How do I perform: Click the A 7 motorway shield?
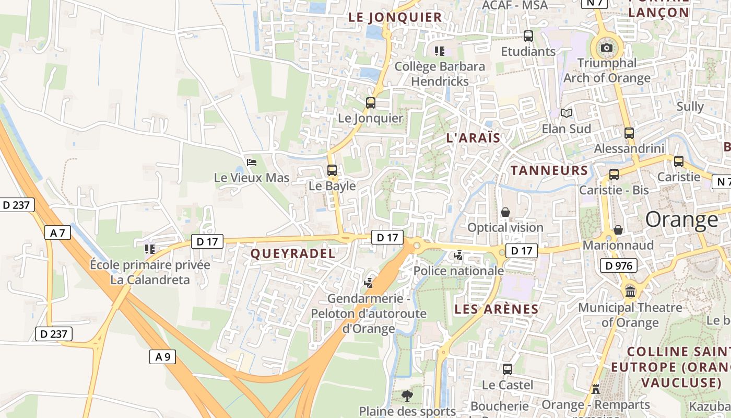pyautogui.click(x=57, y=233)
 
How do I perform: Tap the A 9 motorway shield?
pyautogui.click(x=163, y=357)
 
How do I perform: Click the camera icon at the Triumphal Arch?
pyautogui.click(x=606, y=48)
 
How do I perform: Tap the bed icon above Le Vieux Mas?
pyautogui.click(x=252, y=162)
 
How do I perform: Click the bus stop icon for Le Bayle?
pyautogui.click(x=332, y=170)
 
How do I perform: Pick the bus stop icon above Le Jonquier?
pyautogui.click(x=371, y=102)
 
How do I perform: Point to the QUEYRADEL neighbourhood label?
pyautogui.click(x=292, y=253)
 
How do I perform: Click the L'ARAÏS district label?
pyautogui.click(x=473, y=138)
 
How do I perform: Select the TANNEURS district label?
pyautogui.click(x=549, y=170)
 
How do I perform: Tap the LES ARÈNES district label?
pyautogui.click(x=496, y=309)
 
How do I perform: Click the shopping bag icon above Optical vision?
pyautogui.click(x=505, y=212)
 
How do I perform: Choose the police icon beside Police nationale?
pyautogui.click(x=458, y=256)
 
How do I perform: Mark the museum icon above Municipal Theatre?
pyautogui.click(x=630, y=292)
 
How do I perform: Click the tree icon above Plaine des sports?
pyautogui.click(x=407, y=396)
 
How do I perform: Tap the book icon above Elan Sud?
pyautogui.click(x=566, y=113)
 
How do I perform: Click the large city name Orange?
pyautogui.click(x=681, y=219)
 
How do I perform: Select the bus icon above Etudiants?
pyautogui.click(x=528, y=36)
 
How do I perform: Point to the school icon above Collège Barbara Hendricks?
pyautogui.click(x=440, y=51)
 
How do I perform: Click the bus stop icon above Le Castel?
pyautogui.click(x=507, y=369)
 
